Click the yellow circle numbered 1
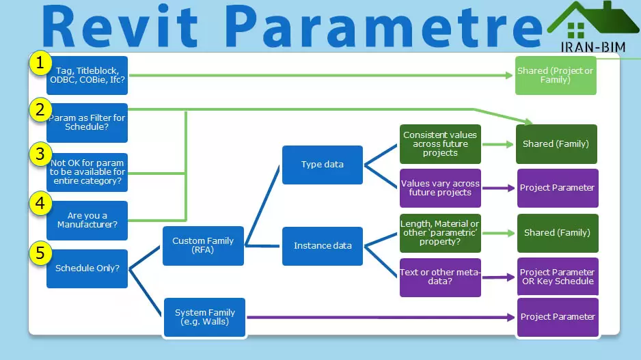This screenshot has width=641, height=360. coord(40,64)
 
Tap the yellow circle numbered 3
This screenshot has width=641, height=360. coord(40,155)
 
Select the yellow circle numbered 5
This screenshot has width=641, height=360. coord(40,253)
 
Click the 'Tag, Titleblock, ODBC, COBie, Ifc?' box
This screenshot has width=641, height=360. coord(87,75)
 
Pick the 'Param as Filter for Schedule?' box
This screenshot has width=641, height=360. coord(87,122)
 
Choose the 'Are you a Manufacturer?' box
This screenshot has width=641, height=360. coord(87,220)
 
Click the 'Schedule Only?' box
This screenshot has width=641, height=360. coord(87,268)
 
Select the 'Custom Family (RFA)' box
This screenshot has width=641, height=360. coord(203,246)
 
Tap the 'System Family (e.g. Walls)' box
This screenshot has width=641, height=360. coord(204,317)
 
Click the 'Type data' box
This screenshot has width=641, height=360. coord(323,165)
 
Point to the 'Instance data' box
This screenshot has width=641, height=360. coord(323,246)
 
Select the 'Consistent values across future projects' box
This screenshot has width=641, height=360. coord(440,144)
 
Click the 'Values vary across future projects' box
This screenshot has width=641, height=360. coord(440,188)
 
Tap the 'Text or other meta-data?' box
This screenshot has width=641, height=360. coord(440,277)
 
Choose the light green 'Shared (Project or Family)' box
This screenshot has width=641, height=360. coord(556,75)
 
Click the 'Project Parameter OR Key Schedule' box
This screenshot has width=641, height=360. coord(557,277)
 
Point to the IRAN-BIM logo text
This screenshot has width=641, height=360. coord(585,48)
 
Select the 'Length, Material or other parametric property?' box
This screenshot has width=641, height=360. coord(440,233)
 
